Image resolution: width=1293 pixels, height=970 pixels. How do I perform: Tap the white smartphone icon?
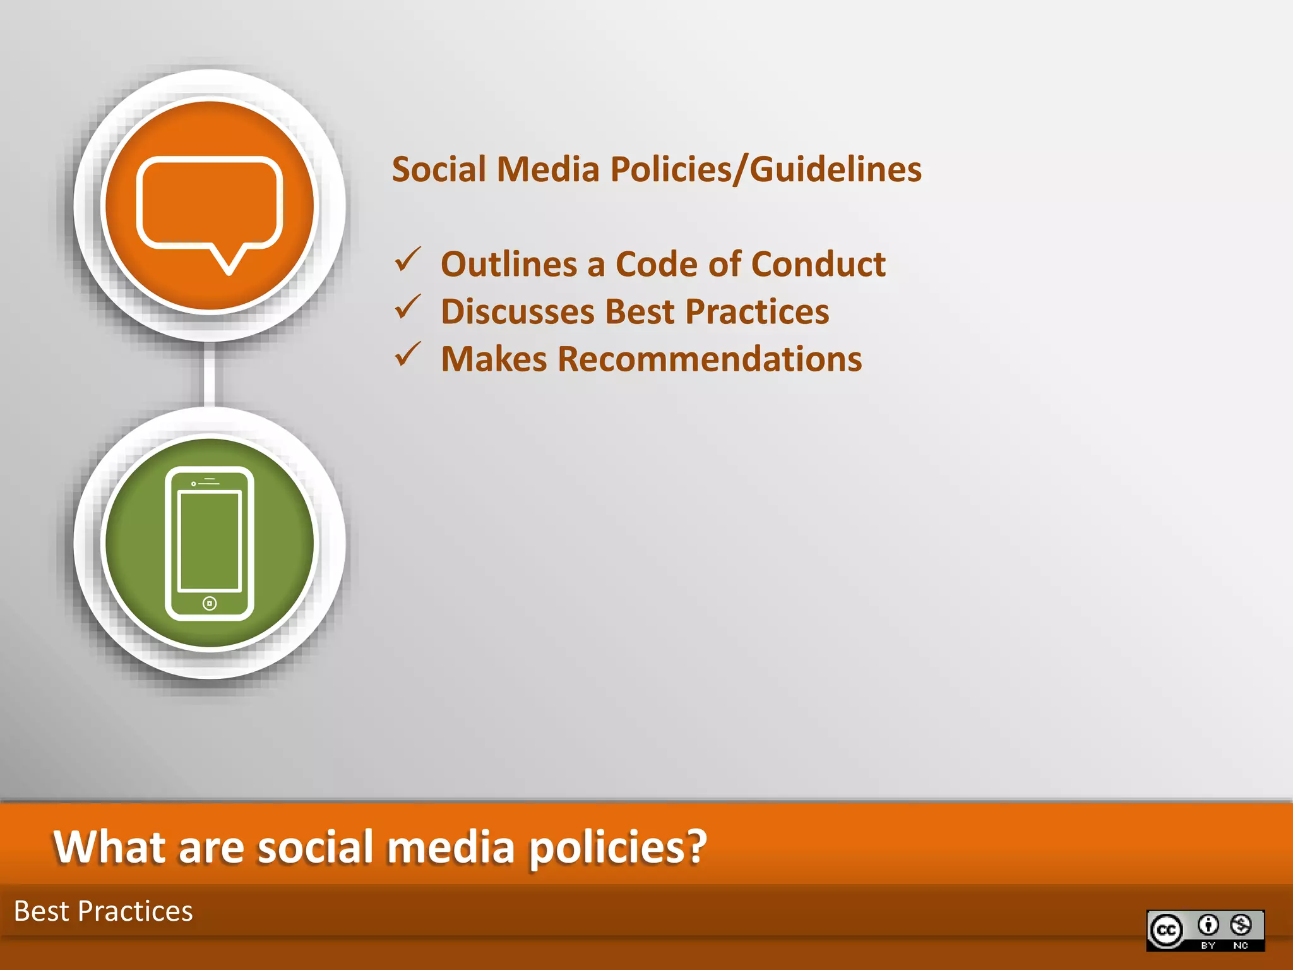tap(210, 543)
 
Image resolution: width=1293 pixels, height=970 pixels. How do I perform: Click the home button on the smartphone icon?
tap(210, 604)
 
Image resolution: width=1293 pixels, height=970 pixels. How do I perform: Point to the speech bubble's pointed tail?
tap(229, 263)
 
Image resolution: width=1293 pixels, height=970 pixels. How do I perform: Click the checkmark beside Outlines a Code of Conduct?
tap(408, 260)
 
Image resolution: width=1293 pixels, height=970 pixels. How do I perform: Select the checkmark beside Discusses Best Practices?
tap(408, 308)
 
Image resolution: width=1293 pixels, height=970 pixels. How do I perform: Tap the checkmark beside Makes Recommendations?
tap(408, 355)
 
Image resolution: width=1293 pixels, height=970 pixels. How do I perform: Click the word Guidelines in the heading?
tap(835, 169)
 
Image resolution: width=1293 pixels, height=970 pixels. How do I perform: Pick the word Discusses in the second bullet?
tap(518, 311)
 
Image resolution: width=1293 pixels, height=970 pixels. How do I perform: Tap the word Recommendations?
tap(710, 359)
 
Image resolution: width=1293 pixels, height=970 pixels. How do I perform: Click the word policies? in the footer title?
tap(617, 847)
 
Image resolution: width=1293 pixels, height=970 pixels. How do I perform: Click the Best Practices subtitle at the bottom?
tap(104, 911)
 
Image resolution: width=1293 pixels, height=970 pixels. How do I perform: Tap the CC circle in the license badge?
tap(1166, 930)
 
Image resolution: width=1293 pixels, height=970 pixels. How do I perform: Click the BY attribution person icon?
tap(1208, 925)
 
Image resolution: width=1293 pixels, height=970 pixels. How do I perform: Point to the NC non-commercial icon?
tap(1241, 925)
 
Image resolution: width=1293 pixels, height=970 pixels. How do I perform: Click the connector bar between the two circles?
tap(210, 374)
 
